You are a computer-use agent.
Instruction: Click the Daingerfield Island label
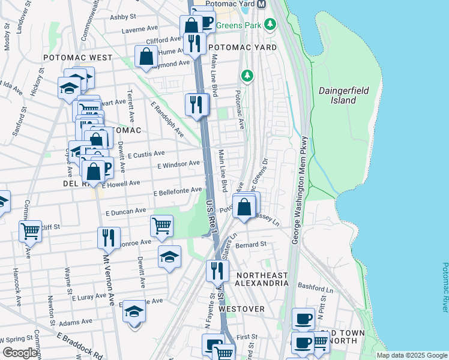tap(343, 95)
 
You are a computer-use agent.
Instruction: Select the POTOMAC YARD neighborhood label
tap(242, 47)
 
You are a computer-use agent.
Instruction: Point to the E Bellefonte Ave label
tap(178, 191)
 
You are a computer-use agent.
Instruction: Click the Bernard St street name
tap(251, 245)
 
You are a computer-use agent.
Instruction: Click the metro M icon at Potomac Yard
tap(261, 4)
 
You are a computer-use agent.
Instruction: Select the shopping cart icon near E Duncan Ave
tap(161, 226)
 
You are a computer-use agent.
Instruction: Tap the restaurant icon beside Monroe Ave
tap(109, 237)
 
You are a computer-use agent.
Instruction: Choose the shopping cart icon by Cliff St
tap(30, 230)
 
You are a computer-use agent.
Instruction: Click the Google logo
tap(20, 353)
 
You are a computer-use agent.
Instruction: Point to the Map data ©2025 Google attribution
tap(411, 355)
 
